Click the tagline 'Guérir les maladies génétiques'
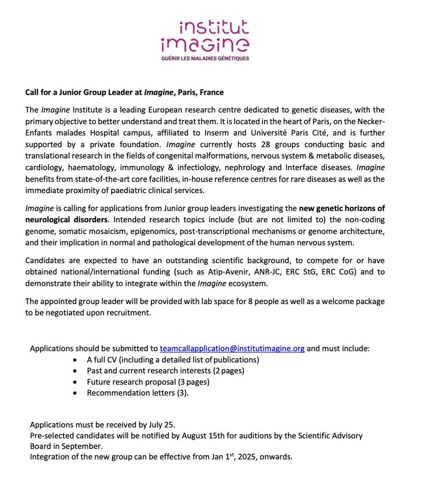click(205, 58)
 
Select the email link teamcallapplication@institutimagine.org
click(232, 348)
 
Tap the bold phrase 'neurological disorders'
click(66, 220)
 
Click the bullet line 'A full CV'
click(173, 359)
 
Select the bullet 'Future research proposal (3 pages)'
click(148, 382)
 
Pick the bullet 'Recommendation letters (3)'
click(137, 393)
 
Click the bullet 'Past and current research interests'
click(165, 370)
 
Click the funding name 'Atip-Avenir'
click(229, 272)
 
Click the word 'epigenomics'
click(155, 231)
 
